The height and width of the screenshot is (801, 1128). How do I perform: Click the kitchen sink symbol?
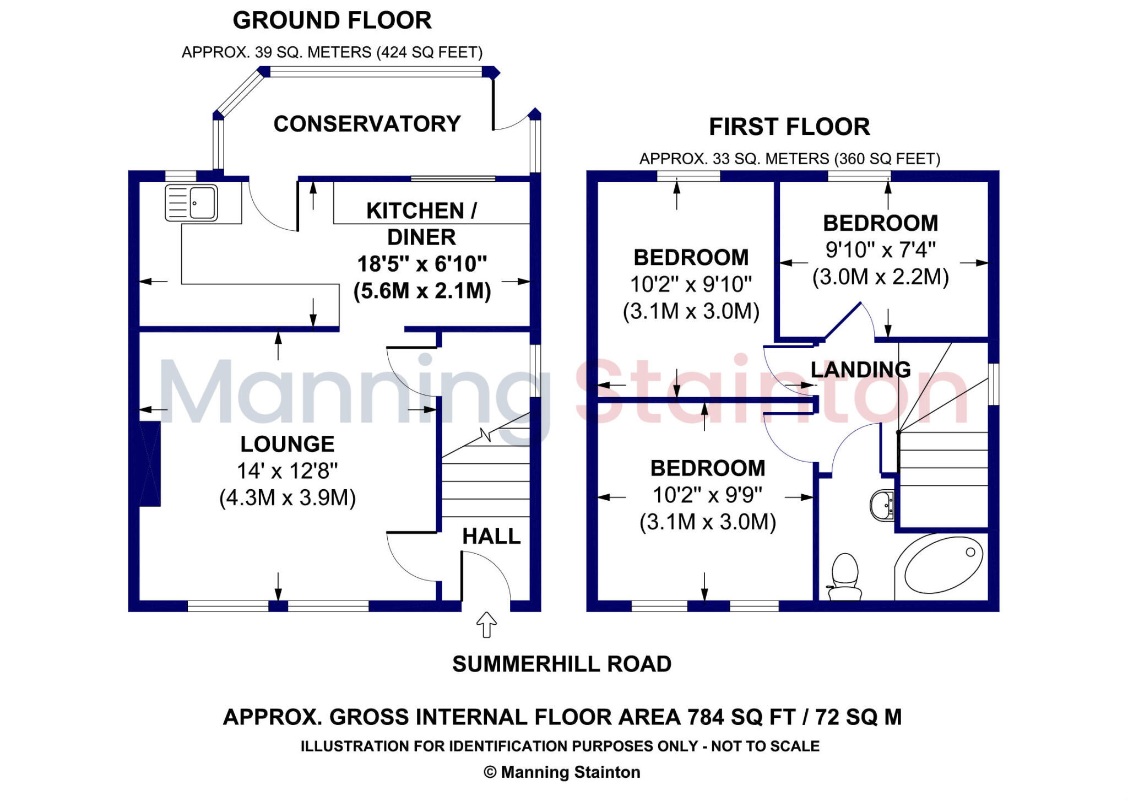[192, 203]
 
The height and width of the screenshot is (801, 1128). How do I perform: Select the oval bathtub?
[943, 565]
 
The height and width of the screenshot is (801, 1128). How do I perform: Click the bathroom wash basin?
[882, 505]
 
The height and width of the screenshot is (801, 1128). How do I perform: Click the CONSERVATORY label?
[367, 124]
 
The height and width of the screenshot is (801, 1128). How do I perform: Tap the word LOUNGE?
[288, 444]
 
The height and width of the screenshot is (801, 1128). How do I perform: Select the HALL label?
[491, 536]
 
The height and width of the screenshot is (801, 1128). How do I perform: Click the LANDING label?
[861, 369]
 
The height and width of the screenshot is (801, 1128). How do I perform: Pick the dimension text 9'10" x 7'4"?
[880, 250]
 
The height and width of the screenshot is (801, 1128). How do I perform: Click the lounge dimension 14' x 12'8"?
[288, 471]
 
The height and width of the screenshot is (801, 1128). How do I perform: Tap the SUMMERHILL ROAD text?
[562, 664]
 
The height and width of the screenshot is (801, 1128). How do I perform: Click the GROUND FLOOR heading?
[332, 20]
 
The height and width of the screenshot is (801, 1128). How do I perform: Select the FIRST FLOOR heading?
[789, 127]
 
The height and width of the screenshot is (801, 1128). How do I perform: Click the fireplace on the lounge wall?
[149, 463]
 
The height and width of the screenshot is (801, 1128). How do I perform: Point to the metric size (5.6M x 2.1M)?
[422, 291]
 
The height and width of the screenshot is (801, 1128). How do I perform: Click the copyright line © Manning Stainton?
[562, 772]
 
